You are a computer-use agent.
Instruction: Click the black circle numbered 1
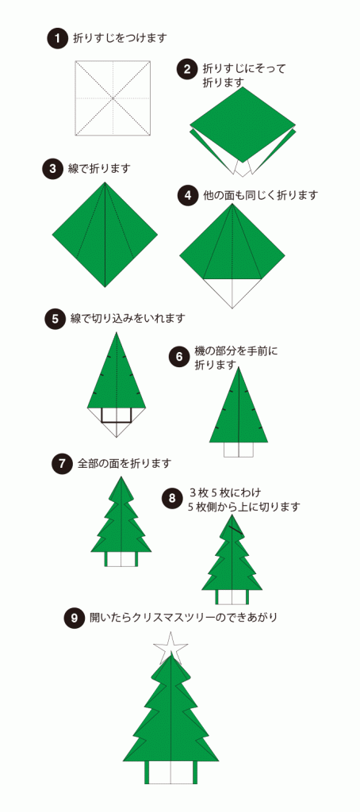[57, 38]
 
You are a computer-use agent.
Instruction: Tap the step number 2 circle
[186, 69]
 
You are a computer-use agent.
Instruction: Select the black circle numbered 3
[53, 168]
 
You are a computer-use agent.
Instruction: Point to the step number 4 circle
[186, 195]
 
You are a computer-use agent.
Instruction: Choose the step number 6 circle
[179, 357]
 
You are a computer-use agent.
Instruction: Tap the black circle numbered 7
[62, 463]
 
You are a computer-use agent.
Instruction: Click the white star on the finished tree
[171, 647]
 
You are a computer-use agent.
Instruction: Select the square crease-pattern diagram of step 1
[113, 98]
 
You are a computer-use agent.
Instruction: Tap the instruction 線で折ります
[99, 168]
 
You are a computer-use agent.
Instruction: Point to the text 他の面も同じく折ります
[249, 195]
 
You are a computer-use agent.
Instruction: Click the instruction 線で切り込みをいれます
[128, 318]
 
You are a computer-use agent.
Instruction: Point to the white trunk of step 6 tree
[238, 450]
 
